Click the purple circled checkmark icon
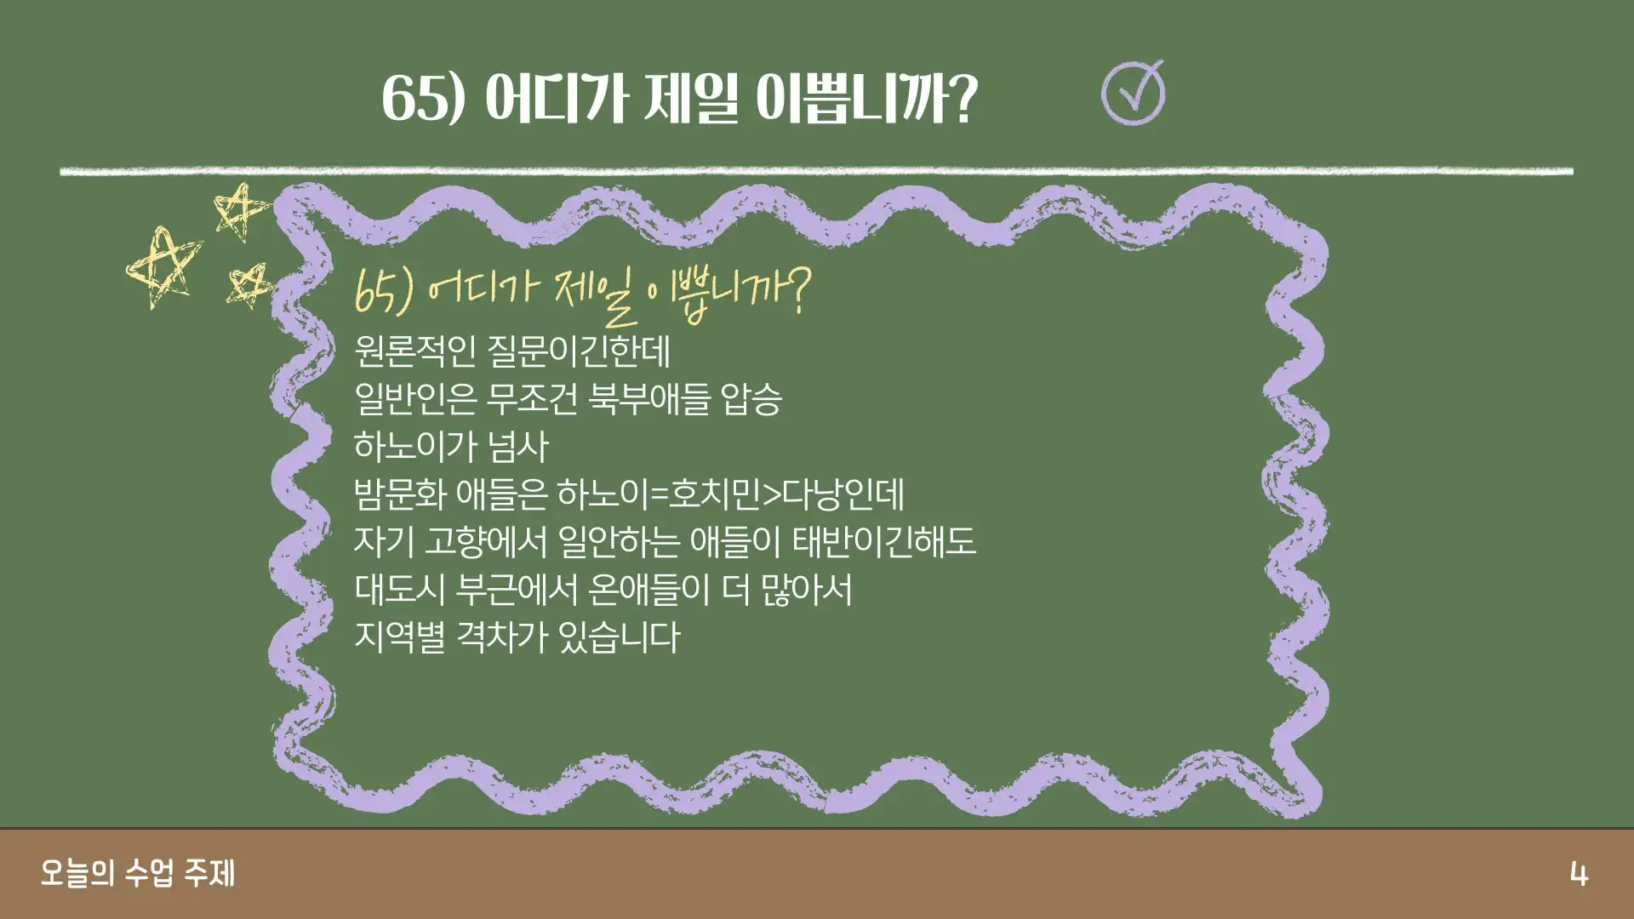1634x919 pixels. click(1133, 94)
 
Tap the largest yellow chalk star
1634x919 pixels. click(163, 266)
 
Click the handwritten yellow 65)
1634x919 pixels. click(384, 291)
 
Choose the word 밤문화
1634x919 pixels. click(400, 494)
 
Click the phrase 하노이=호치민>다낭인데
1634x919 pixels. click(730, 494)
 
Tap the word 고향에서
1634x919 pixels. click(485, 542)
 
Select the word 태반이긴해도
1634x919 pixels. click(883, 542)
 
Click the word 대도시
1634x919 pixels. click(400, 590)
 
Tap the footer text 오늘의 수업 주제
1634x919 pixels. click(137, 873)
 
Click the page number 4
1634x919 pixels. click(1579, 874)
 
